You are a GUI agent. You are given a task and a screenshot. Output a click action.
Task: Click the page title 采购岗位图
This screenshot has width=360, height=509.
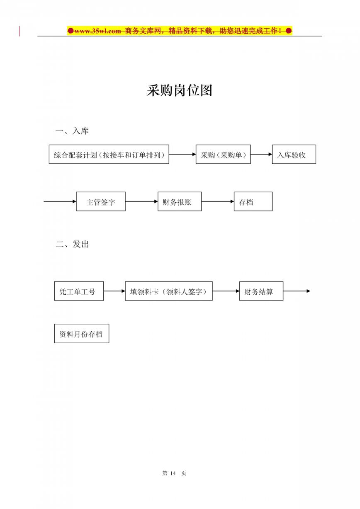click(180, 90)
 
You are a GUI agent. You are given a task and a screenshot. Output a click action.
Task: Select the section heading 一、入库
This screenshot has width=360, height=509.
click(72, 131)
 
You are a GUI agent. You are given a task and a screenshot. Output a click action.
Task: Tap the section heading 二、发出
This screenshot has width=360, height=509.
click(72, 244)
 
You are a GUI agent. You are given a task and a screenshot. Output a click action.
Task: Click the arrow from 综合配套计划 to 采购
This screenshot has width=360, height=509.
click(182, 154)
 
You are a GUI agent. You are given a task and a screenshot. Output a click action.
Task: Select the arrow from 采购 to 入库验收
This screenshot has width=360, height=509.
click(261, 154)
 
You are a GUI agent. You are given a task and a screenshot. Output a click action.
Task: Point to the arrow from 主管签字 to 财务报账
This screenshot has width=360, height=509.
click(142, 201)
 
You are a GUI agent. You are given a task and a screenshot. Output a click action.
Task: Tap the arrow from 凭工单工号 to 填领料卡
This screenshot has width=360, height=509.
click(114, 291)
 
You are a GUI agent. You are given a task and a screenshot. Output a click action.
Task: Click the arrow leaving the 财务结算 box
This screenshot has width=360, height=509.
click(297, 291)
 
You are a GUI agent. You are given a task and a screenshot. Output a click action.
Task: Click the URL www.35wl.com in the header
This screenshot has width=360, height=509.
click(97, 31)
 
